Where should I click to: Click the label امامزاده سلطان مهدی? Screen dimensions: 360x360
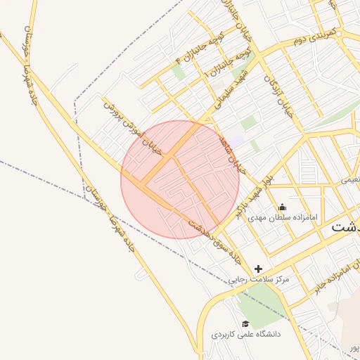(283, 217)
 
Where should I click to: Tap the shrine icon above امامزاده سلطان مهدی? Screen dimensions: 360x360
(283, 207)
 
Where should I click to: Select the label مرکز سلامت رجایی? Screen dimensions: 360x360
(259, 279)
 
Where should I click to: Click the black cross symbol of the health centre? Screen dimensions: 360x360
(259, 269)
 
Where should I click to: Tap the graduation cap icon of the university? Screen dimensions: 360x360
(245, 323)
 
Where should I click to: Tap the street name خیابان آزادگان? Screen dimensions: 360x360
(277, 94)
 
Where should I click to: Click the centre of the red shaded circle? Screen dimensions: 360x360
(180, 179)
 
